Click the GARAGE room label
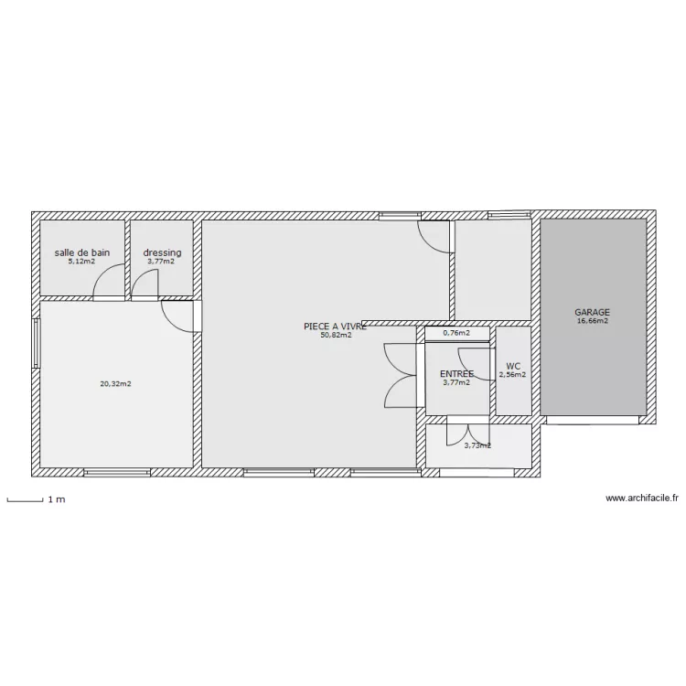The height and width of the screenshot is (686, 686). coord(592,311)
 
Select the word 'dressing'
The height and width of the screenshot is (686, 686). coord(161,252)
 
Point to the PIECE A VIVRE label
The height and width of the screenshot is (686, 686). coord(335,326)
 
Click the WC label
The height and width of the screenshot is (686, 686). coord(512,365)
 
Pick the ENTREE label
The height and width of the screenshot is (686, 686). coord(456,374)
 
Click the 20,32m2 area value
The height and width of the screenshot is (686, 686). coord(115,384)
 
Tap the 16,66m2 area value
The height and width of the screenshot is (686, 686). coord(592,321)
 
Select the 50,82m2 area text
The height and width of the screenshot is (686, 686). coord(335,335)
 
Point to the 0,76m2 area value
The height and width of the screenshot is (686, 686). coord(456,333)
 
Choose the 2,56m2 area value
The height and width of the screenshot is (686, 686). coord(512,374)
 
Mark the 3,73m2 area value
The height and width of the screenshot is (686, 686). coord(477,445)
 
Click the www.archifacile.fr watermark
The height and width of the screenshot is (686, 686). coord(643,498)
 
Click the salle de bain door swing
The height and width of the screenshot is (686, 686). coord(110,282)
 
